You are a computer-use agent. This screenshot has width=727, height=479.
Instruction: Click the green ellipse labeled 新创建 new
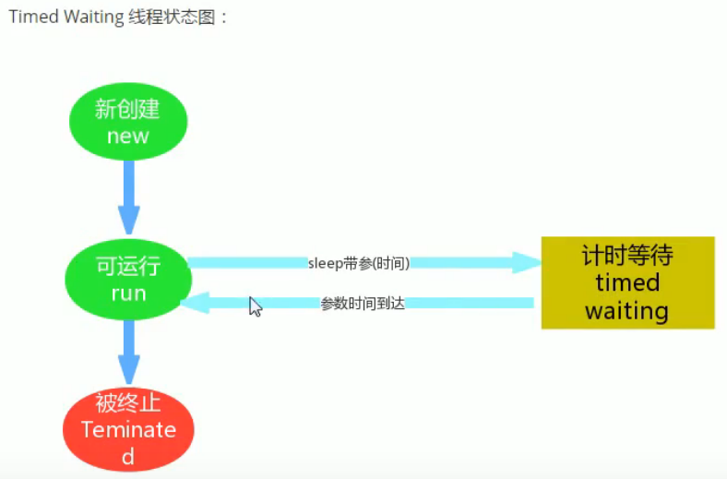point(128,122)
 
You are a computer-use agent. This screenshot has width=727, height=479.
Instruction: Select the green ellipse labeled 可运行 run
point(128,280)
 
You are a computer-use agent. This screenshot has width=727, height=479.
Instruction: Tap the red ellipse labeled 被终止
point(128,428)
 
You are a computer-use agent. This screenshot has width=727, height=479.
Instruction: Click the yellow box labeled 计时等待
point(627,282)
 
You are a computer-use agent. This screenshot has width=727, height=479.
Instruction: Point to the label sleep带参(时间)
point(358,263)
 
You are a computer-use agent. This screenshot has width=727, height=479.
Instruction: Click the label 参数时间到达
point(363,304)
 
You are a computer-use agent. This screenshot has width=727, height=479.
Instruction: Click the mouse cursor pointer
point(255,306)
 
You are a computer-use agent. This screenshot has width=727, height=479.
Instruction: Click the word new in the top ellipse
point(128,137)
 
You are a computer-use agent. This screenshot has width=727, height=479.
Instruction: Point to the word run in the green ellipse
point(128,293)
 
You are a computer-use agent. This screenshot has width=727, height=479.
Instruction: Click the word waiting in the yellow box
point(626,310)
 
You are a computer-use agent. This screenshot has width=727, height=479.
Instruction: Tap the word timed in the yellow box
point(627,282)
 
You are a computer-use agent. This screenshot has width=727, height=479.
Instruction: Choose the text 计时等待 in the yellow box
point(627,255)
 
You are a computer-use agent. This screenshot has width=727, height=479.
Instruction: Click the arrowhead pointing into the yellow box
point(527,263)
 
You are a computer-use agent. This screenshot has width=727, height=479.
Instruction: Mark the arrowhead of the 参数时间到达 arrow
point(194,303)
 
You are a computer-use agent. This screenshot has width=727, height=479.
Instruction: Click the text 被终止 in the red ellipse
point(128,403)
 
